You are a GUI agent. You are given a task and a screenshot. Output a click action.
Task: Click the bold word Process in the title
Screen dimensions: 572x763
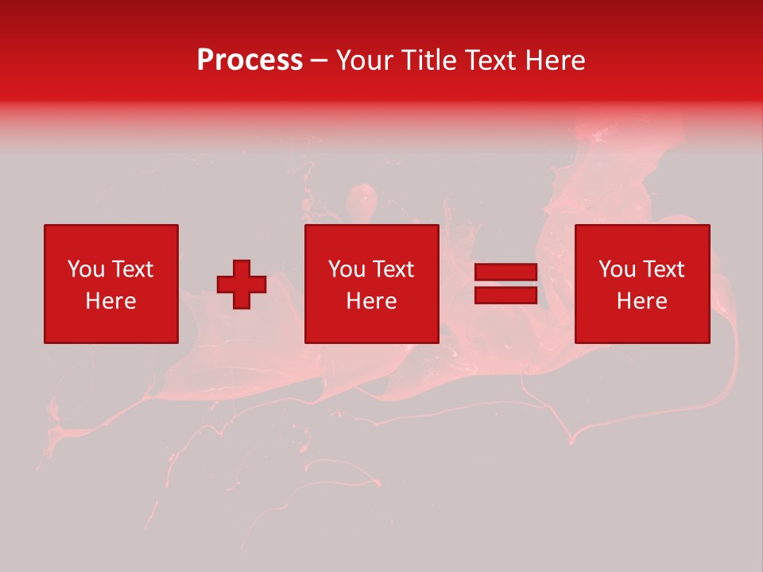[x=250, y=60]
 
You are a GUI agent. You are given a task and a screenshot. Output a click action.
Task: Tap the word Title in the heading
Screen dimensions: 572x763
[x=428, y=60]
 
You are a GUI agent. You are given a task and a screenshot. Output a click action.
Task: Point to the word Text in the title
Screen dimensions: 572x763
[x=489, y=60]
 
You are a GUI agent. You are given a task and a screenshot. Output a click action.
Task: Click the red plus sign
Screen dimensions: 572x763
[x=242, y=284]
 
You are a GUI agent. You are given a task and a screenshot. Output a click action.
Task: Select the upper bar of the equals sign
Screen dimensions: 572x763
[x=505, y=272]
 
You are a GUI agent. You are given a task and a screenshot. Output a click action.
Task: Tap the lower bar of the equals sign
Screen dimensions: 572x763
[x=505, y=296]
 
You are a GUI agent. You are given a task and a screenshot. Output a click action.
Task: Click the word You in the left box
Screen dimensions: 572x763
[x=86, y=269]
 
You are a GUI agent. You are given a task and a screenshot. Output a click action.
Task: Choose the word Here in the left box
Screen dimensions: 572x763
[x=110, y=301]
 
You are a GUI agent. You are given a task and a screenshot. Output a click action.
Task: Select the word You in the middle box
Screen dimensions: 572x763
[x=347, y=269]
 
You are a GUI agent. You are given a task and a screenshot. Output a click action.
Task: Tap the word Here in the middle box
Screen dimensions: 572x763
[x=371, y=301]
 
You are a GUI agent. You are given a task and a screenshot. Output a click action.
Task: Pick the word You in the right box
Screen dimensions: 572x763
[x=617, y=269]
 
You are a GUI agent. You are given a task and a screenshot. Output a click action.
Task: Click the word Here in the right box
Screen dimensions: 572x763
[x=641, y=301]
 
